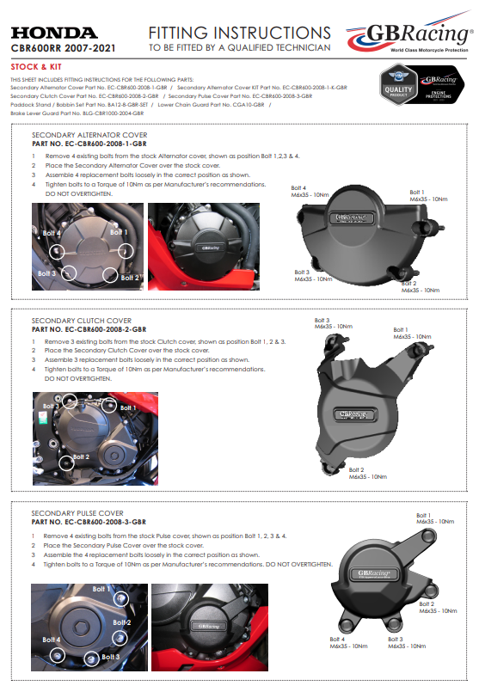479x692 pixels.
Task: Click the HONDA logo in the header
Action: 53,33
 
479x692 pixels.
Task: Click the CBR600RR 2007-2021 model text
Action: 62,48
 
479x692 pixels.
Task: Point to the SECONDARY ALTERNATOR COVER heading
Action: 89,135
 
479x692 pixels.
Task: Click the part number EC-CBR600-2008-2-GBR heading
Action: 89,329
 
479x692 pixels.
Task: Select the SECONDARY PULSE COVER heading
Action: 77,513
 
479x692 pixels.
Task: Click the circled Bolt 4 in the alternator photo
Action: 57,250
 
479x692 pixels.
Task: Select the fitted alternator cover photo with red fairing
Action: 205,246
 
